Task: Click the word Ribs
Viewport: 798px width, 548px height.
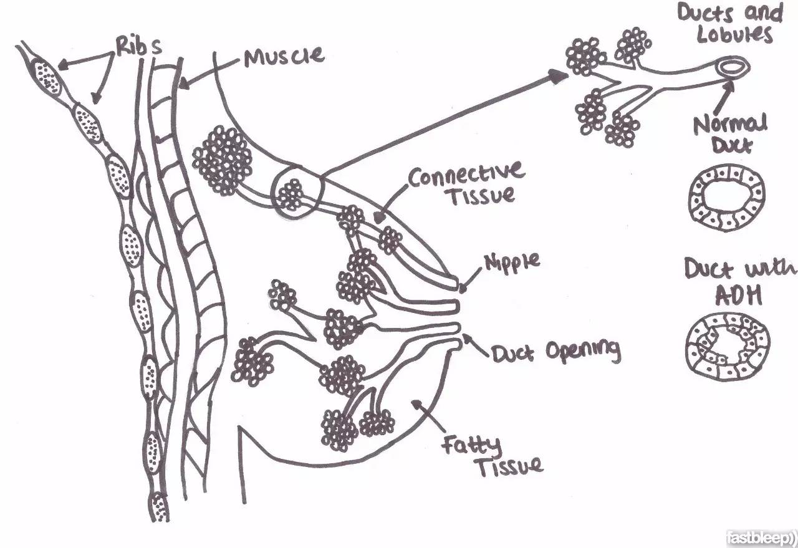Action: tap(139, 46)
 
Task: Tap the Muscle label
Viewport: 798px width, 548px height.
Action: tap(284, 56)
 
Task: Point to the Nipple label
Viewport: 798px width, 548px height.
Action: tap(512, 261)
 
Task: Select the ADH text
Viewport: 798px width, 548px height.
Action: tap(738, 295)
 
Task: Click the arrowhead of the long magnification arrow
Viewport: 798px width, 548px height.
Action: tap(558, 76)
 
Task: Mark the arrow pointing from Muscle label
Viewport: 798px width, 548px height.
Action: tap(208, 73)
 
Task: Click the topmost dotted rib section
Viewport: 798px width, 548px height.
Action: tap(47, 78)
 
